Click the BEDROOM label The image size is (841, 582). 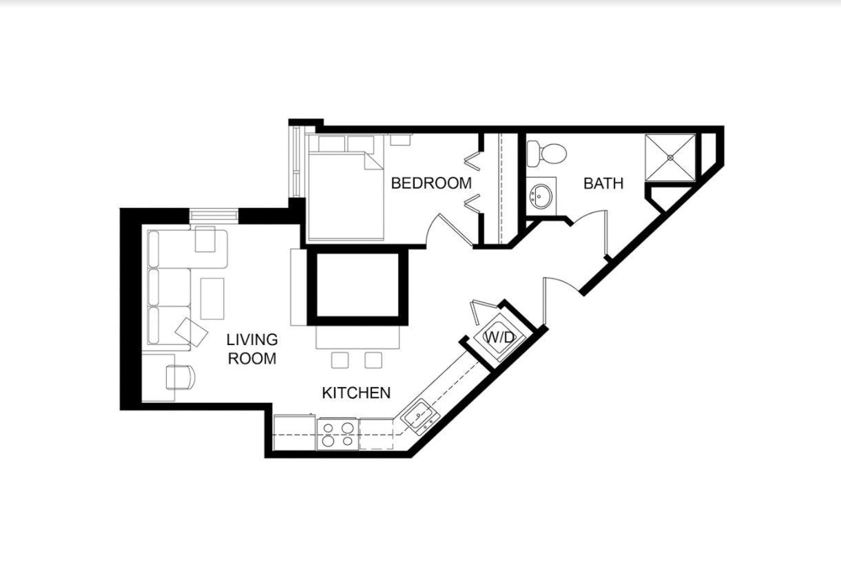[431, 183]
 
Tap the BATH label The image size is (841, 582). [603, 183]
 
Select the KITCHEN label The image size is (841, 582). [356, 393]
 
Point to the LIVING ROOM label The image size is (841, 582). [252, 349]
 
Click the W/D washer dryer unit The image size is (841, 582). [500, 337]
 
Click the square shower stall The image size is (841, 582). [670, 158]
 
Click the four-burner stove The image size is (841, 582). [338, 434]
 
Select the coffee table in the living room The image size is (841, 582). [213, 298]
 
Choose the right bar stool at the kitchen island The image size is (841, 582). [373, 360]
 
